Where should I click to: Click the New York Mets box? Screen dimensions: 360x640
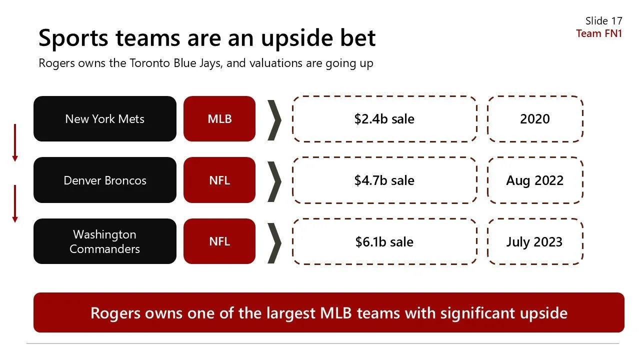click(x=104, y=119)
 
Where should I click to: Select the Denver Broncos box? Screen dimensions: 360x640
click(x=104, y=180)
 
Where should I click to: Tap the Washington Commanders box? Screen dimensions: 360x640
click(x=104, y=241)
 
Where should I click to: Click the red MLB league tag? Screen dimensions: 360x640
click(x=219, y=119)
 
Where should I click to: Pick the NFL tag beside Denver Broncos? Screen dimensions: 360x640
click(x=219, y=180)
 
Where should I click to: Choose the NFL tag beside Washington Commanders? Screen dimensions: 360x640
click(x=219, y=241)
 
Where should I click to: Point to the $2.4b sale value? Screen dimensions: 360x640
click(x=384, y=119)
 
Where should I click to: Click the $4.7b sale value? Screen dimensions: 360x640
click(x=384, y=180)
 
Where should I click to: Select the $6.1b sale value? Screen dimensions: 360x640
click(x=384, y=242)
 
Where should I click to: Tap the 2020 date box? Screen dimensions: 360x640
click(x=534, y=119)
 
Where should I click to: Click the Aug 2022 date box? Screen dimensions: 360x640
click(x=534, y=180)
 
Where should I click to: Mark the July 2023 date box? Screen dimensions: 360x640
click(x=534, y=242)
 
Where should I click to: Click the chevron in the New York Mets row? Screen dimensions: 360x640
click(x=274, y=120)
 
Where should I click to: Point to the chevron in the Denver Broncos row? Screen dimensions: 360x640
click(x=274, y=181)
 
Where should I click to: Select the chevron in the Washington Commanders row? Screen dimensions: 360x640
click(x=274, y=242)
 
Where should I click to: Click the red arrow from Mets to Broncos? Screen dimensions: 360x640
click(x=15, y=142)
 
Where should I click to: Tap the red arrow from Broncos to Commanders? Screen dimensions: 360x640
click(x=15, y=203)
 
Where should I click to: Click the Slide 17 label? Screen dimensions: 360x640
click(x=603, y=21)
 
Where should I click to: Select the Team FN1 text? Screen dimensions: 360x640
click(x=599, y=33)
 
